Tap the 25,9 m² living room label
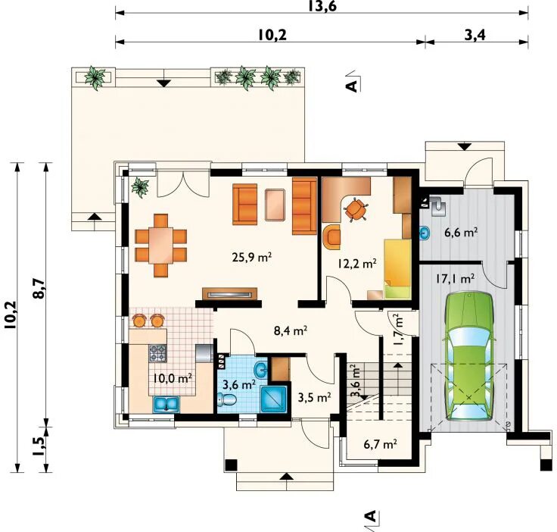coord(252,257)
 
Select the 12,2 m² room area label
coord(357,264)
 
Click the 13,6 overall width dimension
coord(322,6)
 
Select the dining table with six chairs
coord(161,246)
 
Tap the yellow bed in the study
coord(397,269)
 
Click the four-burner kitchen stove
coord(157,353)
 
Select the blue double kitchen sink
coord(166,405)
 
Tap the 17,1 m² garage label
coord(455,278)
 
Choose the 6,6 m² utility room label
coord(461,233)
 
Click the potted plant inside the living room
coord(140,187)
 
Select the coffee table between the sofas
coord(275,205)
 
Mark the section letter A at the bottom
coord(371,516)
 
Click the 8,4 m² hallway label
coord(291,331)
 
